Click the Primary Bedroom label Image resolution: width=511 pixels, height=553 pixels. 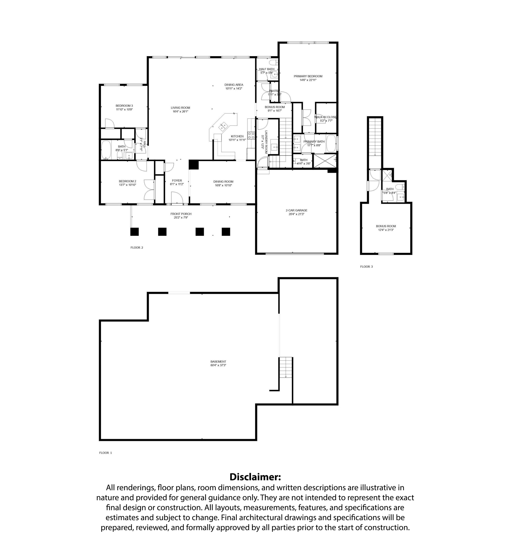[308, 76]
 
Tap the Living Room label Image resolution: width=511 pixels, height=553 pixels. [180, 108]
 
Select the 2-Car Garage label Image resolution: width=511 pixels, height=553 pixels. [296, 210]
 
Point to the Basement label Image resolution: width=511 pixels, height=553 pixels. [218, 361]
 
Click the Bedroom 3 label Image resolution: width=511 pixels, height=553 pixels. [124, 106]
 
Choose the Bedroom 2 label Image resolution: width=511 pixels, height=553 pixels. [128, 181]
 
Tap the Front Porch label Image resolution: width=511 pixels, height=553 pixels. [181, 214]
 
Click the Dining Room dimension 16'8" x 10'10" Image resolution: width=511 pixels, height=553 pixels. [223, 185]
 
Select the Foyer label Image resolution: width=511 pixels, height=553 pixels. [177, 180]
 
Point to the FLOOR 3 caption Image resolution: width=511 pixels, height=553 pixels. [366, 267]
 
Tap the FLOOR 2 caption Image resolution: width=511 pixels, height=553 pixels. [137, 248]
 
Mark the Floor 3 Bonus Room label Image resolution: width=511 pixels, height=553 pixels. [386, 226]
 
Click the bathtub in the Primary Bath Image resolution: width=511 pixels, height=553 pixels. [331, 143]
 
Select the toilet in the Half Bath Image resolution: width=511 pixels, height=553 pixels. [273, 62]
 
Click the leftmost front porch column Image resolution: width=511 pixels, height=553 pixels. [134, 232]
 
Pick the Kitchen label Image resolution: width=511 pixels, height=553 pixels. [237, 136]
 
